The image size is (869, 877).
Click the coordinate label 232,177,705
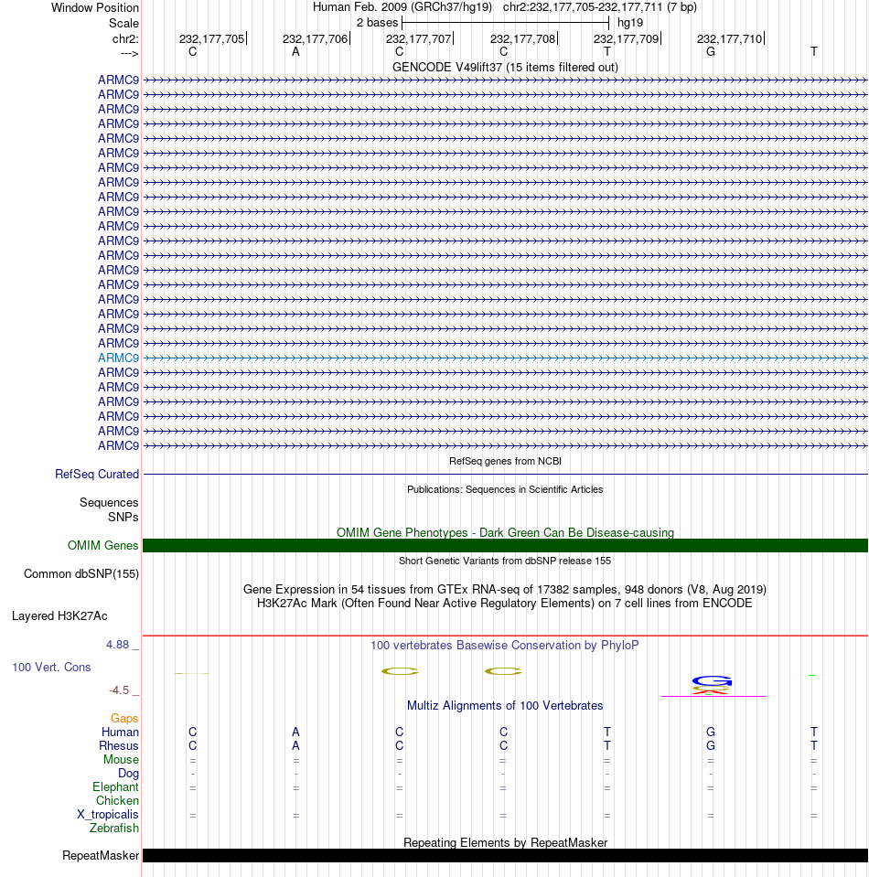211,39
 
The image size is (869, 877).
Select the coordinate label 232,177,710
729,39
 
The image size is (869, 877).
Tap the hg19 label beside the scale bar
630,22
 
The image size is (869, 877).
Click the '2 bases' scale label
377,22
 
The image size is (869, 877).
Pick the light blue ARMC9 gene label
118,358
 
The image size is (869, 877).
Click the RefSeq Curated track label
97,475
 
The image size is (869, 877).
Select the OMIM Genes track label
103,546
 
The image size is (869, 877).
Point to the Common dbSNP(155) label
80,574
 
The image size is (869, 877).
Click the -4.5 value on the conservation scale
123,690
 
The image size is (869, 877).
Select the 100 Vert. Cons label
51,668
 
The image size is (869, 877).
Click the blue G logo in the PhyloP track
713,680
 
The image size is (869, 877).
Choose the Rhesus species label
119,746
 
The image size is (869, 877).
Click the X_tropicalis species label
108,815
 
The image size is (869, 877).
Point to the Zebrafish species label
114,829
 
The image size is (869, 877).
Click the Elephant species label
115,787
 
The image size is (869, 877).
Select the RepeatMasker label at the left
101,857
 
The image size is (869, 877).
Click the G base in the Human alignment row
711,733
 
